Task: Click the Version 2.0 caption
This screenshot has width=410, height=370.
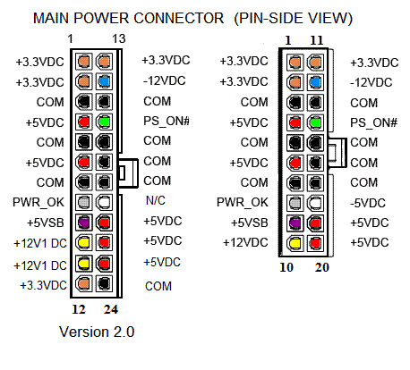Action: point(97,332)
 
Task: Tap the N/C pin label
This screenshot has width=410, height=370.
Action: point(156,200)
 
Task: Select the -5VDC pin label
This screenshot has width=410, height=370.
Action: point(368,203)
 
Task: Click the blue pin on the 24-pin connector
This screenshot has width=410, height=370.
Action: point(104,81)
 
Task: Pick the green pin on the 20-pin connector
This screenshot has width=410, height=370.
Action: point(315,122)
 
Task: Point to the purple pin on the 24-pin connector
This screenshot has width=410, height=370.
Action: point(84,223)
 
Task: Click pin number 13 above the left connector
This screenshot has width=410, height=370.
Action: point(119,38)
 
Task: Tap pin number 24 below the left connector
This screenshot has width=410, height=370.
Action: point(111,309)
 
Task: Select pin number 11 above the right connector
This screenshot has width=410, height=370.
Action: point(317,40)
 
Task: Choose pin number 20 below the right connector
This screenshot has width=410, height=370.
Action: point(322,267)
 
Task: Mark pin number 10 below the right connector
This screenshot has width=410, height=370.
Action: point(286,267)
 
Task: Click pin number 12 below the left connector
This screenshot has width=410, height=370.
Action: point(79,309)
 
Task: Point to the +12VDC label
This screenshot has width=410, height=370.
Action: point(245,242)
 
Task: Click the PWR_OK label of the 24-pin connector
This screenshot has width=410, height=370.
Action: point(38,202)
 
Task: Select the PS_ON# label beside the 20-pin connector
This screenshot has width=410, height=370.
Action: point(374,122)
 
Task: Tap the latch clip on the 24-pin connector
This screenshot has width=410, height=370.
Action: point(129,173)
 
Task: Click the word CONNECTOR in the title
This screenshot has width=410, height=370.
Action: point(179,18)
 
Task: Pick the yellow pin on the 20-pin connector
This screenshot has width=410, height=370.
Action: point(295,242)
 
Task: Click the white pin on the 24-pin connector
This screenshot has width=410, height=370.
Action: point(104,202)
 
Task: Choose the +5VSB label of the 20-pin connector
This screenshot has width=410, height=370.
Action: point(250,223)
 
